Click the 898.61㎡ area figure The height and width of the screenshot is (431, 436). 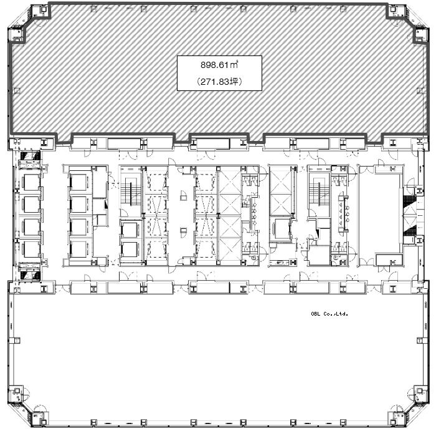coord(219,65)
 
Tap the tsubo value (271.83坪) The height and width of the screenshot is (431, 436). coord(219,82)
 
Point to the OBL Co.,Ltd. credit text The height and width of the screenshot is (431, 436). coord(329,314)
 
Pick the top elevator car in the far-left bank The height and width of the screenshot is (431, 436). coord(31,182)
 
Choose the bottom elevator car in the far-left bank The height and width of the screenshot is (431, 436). coord(31,249)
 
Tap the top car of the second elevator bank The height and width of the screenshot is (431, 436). coord(80,182)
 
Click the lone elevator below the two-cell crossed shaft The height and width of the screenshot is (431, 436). coord(281,229)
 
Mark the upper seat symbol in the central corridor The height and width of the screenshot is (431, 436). coord(183,195)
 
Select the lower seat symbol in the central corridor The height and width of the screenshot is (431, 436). coord(183,233)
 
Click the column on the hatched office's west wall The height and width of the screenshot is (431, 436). coord(17,91)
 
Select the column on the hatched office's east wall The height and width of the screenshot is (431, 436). coord(420,91)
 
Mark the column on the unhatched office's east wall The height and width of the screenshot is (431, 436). coord(421,340)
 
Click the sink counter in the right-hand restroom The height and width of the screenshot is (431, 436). coord(343,213)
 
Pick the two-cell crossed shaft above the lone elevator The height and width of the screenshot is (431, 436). coord(280,191)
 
